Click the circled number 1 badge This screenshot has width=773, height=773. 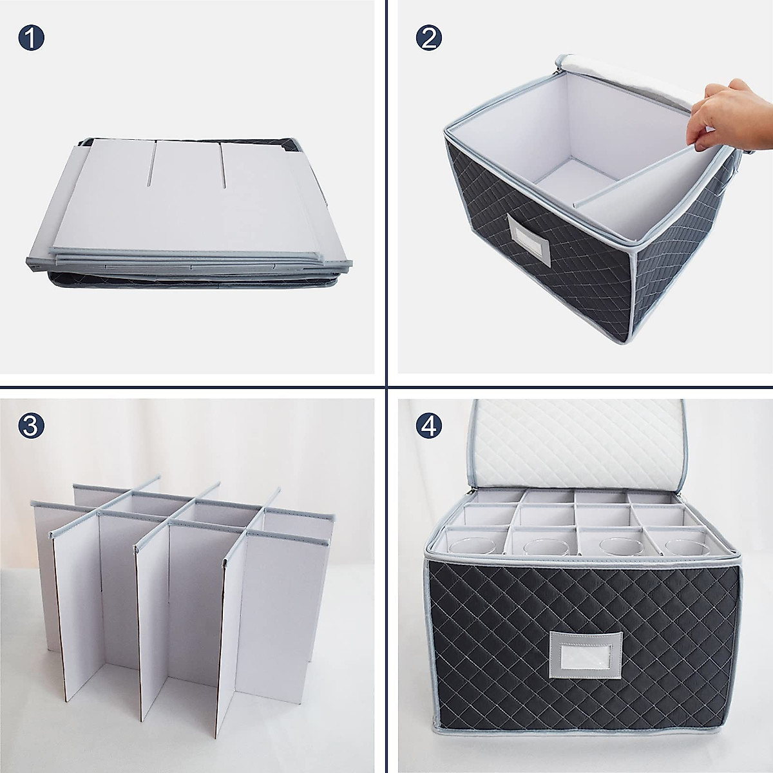pos(32,39)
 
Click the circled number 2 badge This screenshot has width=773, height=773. pos(430,39)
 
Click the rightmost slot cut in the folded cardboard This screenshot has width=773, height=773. pos(224,166)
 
